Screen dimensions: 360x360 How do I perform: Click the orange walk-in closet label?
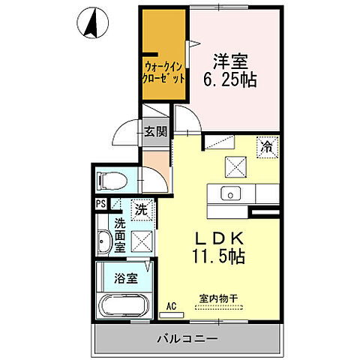point(163,71)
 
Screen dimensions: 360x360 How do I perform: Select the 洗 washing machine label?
point(140,210)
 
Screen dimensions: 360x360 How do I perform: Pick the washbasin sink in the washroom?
point(105,241)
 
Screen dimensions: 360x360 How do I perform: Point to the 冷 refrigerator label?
point(267,148)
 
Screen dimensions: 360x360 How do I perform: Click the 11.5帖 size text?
point(217,256)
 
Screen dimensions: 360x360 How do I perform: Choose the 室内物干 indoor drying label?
point(218,298)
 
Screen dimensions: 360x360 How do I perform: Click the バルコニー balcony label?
point(189,339)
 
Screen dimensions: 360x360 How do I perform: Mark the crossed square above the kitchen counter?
point(235,166)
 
